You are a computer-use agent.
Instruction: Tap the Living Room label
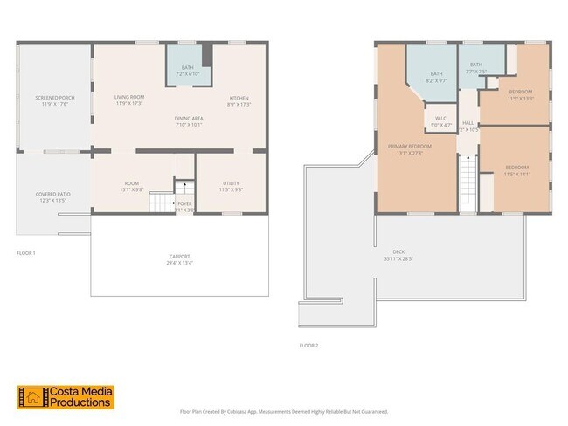click(x=128, y=100)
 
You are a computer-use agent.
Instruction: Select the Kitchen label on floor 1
click(x=239, y=100)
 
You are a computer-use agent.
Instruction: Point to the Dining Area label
click(x=188, y=120)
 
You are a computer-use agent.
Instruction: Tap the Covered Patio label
click(x=52, y=196)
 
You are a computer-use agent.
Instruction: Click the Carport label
click(x=179, y=259)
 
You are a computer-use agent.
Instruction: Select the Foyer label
click(x=184, y=206)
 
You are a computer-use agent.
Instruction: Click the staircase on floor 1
click(x=162, y=203)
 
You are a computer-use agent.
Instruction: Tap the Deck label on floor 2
click(x=398, y=254)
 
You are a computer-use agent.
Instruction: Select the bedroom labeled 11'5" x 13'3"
click(x=520, y=94)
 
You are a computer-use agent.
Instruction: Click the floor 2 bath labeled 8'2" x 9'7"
click(x=436, y=77)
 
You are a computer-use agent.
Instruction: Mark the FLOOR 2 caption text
click(x=308, y=346)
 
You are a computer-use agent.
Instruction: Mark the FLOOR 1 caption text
click(x=26, y=252)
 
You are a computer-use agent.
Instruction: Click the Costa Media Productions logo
click(x=65, y=397)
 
